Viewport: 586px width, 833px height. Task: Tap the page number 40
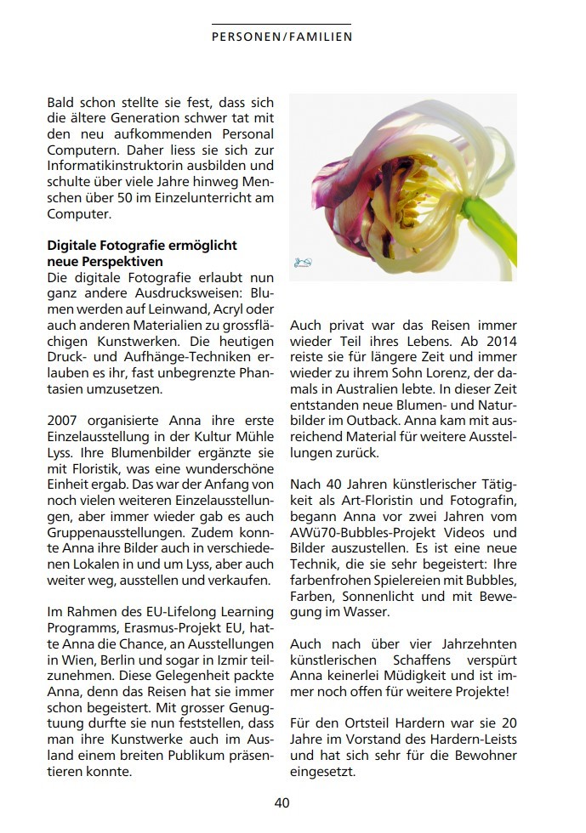click(x=282, y=802)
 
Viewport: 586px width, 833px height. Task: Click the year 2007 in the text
click(x=64, y=419)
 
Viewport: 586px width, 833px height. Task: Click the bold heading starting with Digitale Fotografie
click(x=142, y=253)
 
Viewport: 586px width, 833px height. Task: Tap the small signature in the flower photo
click(x=303, y=263)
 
